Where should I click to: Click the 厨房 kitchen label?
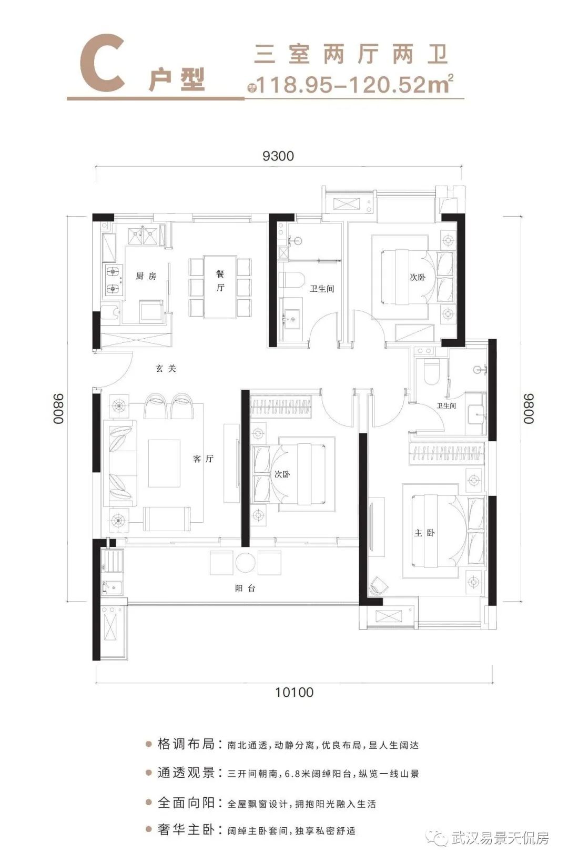click(x=146, y=276)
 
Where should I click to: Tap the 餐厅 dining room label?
click(x=220, y=281)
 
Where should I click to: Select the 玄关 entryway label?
click(x=166, y=369)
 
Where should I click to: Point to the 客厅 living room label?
click(x=203, y=459)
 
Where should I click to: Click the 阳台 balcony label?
click(x=245, y=588)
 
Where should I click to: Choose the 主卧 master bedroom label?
click(x=424, y=533)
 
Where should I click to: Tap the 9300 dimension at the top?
click(x=278, y=156)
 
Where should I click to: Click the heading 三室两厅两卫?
click(x=351, y=54)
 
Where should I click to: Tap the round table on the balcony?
click(x=246, y=563)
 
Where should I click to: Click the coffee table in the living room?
click(x=165, y=463)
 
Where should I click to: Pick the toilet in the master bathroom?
click(x=431, y=372)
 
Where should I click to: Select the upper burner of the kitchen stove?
click(x=113, y=272)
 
